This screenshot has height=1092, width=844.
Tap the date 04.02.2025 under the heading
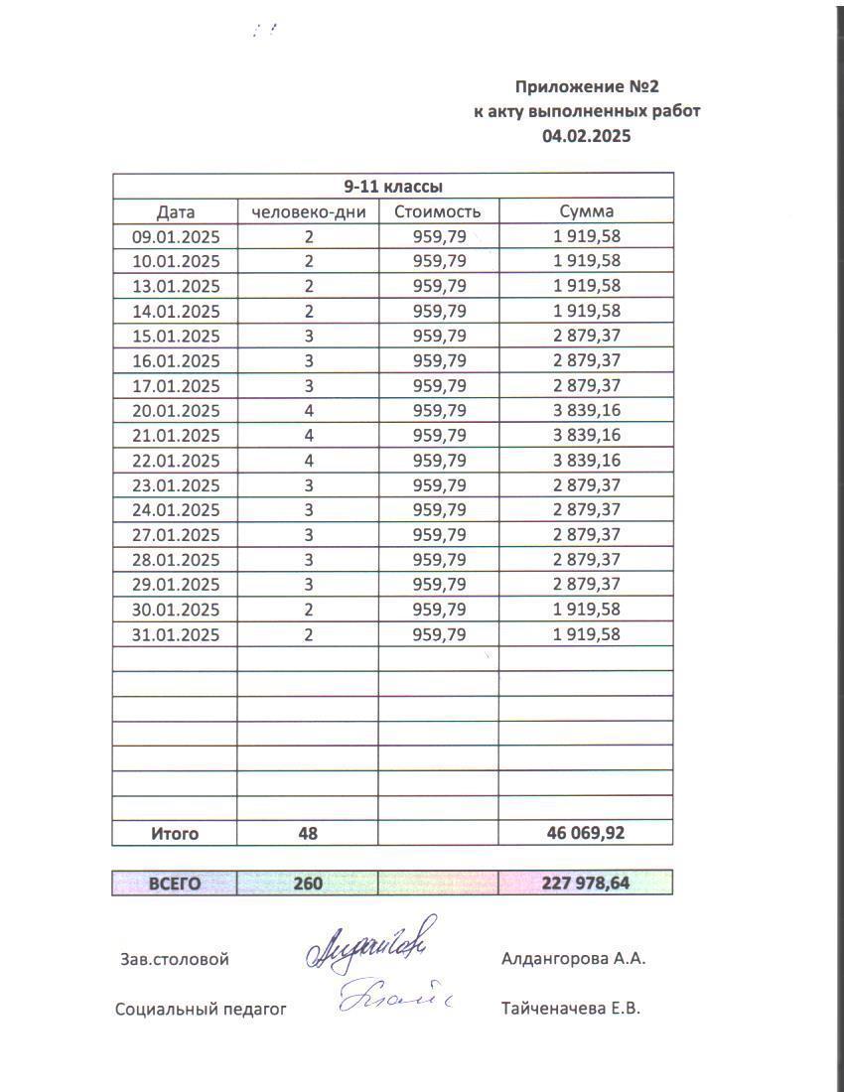click(586, 136)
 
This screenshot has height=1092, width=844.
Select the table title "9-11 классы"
click(392, 186)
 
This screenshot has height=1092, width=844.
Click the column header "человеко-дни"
click(309, 211)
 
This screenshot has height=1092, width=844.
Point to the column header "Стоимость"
click(438, 211)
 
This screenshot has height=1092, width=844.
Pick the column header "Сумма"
click(586, 211)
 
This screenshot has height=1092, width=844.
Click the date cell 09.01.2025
click(176, 236)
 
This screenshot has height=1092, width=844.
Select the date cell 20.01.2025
click(176, 411)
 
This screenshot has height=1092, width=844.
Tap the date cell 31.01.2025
click(176, 634)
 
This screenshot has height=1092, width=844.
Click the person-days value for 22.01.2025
click(309, 461)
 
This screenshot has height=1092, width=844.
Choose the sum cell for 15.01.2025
click(586, 336)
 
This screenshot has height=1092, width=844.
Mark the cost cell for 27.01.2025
click(438, 535)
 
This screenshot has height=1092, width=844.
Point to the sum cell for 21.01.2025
click(586, 436)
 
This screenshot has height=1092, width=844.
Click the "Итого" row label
click(175, 834)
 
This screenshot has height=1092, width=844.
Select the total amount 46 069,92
click(586, 834)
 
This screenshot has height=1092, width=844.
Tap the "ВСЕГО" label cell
click(175, 883)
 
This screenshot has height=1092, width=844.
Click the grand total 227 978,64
click(586, 883)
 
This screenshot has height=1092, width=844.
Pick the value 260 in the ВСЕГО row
click(308, 883)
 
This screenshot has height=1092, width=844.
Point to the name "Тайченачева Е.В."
click(572, 1009)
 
